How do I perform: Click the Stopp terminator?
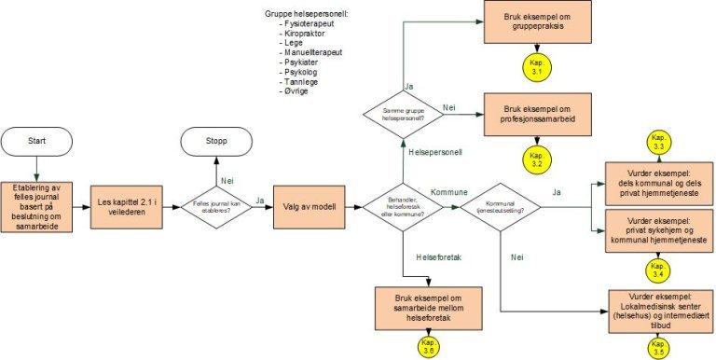click(x=216, y=141)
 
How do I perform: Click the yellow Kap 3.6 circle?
click(x=428, y=347)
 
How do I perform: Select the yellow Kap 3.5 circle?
click(x=658, y=347)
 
